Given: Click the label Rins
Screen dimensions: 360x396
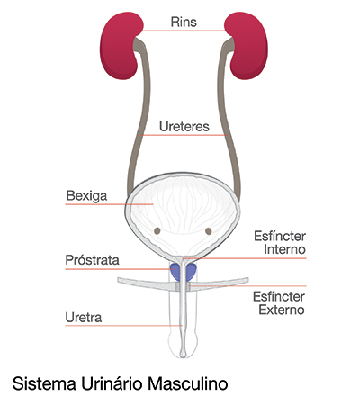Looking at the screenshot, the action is (x=184, y=22).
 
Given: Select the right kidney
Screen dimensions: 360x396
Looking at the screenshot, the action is (x=247, y=45).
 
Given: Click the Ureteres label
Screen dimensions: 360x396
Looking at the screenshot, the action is (x=184, y=127).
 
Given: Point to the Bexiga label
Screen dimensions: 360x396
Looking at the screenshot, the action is (x=86, y=196).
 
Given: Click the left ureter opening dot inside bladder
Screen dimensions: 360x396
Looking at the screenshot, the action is (x=157, y=230).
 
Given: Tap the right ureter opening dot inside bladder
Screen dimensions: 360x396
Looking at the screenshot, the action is (x=209, y=231).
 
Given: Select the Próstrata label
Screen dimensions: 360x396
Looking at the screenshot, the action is (x=93, y=260).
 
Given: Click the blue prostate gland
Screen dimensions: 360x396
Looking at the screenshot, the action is (x=184, y=272).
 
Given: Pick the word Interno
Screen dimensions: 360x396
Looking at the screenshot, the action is (x=284, y=249).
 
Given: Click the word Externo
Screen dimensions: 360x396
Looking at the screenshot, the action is (x=282, y=310).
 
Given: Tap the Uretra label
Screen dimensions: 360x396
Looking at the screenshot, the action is (x=84, y=318).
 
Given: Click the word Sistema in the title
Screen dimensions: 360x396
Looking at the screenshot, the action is (x=44, y=383).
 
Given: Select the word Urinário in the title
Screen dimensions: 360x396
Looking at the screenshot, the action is (x=111, y=383).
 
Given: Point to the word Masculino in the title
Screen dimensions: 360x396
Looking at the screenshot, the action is (x=187, y=383).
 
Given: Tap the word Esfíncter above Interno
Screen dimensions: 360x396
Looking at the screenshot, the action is (x=280, y=237).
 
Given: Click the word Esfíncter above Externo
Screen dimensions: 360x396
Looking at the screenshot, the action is (x=279, y=297).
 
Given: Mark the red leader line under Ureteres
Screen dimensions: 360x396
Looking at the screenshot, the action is (x=184, y=135).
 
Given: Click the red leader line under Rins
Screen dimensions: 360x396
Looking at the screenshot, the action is (x=184, y=31).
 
